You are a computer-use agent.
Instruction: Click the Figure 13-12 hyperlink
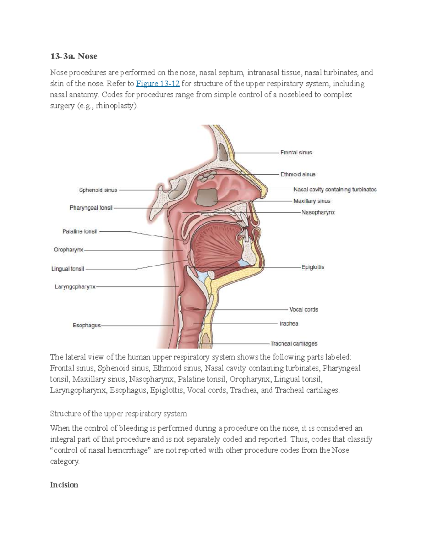pyautogui.click(x=158, y=83)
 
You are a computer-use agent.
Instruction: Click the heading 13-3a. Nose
pyautogui.click(x=73, y=56)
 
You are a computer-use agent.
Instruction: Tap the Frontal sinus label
pyautogui.click(x=296, y=153)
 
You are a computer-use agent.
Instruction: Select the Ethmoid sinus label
pyautogui.click(x=298, y=175)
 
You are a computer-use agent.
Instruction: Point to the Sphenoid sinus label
pyautogui.click(x=98, y=190)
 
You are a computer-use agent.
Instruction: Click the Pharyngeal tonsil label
pyautogui.click(x=91, y=208)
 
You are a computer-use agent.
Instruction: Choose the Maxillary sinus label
pyautogui.click(x=312, y=201)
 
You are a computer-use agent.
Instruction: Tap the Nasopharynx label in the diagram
pyautogui.click(x=318, y=212)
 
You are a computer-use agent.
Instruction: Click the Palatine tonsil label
pyautogui.click(x=80, y=232)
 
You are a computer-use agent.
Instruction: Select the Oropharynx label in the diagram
pyautogui.click(x=69, y=250)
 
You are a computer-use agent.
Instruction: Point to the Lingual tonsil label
pyautogui.click(x=67, y=269)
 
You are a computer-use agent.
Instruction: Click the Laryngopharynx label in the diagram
pyautogui.click(x=75, y=287)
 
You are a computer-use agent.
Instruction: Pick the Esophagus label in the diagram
pyautogui.click(x=87, y=325)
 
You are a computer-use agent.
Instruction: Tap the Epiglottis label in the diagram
pyautogui.click(x=313, y=267)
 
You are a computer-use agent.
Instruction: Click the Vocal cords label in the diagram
pyautogui.click(x=304, y=309)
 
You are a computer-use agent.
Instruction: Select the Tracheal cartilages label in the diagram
pyautogui.click(x=294, y=343)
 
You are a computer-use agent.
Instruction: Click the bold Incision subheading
pyautogui.click(x=64, y=485)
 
